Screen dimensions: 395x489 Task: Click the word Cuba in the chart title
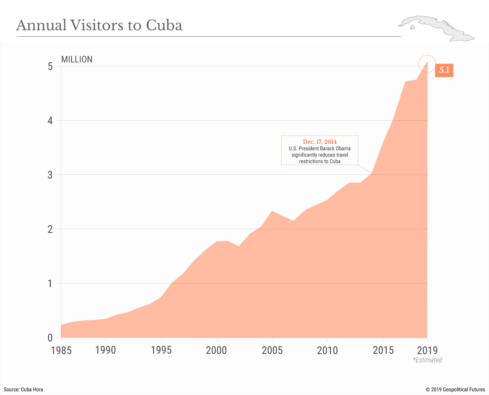pos(164,26)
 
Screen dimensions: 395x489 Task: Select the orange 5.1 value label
pos(444,70)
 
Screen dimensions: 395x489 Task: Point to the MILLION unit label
pos(77,60)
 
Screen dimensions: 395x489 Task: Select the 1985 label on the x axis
pos(61,350)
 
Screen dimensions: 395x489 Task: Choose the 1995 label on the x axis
pos(161,350)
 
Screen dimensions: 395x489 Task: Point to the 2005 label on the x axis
pos(272,350)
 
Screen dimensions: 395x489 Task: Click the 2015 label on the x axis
pos(383,350)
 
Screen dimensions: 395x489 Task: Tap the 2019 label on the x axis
pos(427,350)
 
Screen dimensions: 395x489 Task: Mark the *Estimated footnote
pos(427,360)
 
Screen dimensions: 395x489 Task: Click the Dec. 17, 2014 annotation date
pos(320,142)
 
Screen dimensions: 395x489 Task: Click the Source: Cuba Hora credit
pos(23,390)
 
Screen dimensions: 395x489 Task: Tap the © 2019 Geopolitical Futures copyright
pos(455,390)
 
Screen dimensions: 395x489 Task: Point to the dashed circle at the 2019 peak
pos(427,63)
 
